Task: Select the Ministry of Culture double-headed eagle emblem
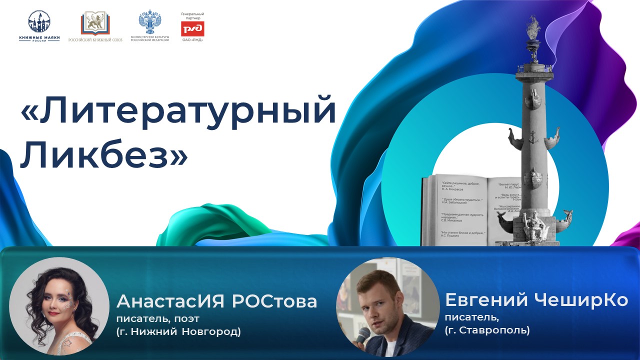point(149,22)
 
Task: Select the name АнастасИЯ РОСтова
point(216,301)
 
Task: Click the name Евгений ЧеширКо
point(536,300)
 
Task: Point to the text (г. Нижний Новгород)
point(178,331)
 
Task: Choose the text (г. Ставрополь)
point(487,330)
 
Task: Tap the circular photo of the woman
point(59,306)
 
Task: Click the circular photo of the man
point(385,306)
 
